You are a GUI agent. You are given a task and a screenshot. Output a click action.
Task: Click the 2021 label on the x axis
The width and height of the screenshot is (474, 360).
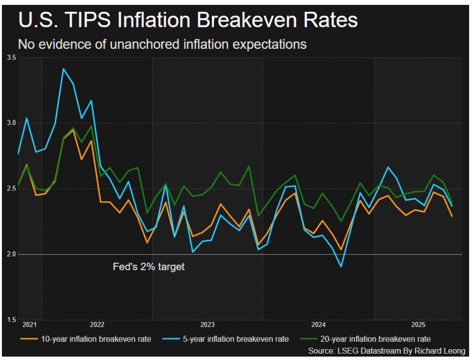(x=29, y=324)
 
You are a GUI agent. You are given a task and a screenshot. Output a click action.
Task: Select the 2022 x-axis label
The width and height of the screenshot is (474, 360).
(x=97, y=324)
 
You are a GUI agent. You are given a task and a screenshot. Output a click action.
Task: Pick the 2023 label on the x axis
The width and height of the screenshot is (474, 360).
(x=207, y=324)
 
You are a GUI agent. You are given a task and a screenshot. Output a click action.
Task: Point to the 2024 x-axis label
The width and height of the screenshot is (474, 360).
(x=318, y=324)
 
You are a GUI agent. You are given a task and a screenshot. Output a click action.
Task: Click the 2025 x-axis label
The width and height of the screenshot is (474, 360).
(x=418, y=324)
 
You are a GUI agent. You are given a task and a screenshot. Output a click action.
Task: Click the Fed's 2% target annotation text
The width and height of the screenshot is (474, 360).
(x=149, y=268)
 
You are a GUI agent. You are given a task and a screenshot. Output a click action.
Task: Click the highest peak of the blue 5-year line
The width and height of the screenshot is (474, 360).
(x=63, y=68)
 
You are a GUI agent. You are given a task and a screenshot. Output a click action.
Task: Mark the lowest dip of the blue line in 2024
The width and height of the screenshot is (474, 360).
(x=341, y=267)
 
